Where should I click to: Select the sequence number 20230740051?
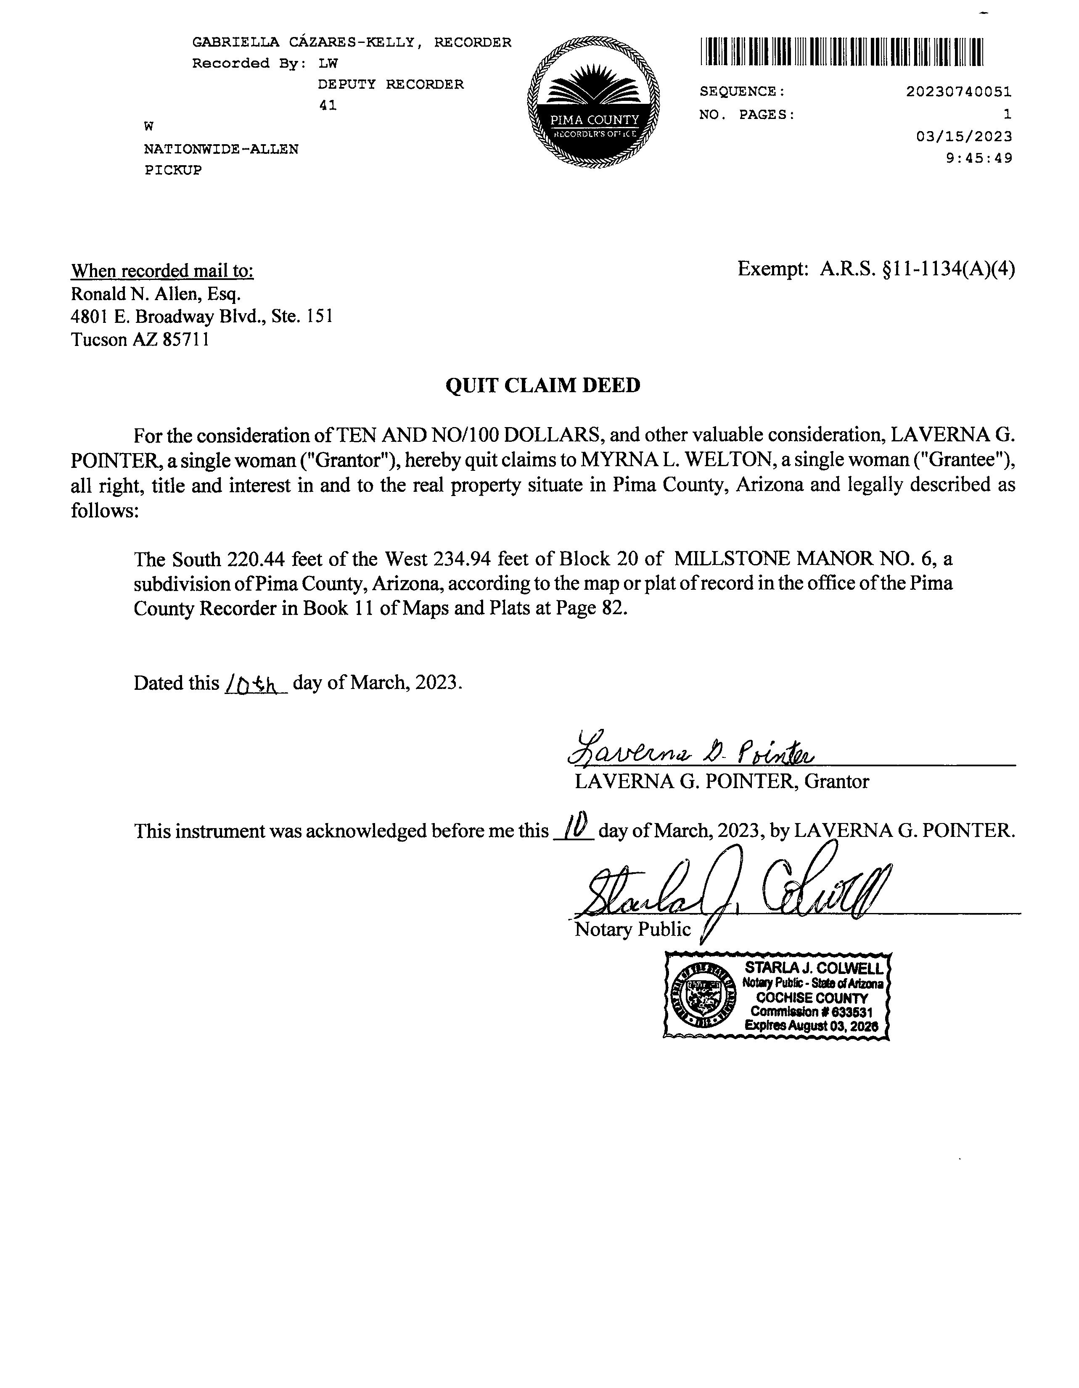[958, 92]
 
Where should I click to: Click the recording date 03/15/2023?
[964, 137]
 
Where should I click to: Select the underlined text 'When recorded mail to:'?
[162, 272]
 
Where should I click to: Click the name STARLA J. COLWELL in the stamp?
[813, 968]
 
